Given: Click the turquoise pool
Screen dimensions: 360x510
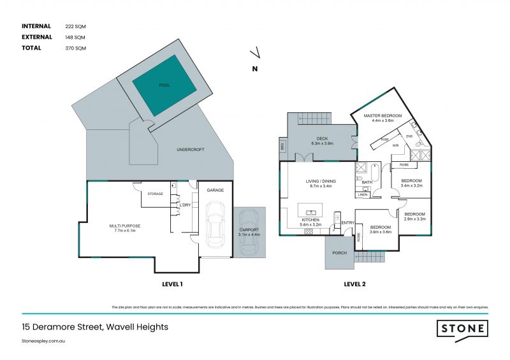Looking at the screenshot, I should point(164,85).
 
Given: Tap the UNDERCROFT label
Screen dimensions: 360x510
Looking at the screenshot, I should point(191,149).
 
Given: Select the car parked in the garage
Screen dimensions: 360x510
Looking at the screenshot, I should point(215,227).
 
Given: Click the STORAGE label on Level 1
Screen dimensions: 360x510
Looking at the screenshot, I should point(155,194).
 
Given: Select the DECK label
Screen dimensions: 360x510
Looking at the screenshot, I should point(322,138).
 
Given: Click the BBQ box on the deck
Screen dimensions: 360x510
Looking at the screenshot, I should point(282,147).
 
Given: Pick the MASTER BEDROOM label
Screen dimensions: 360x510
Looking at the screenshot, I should point(379,115).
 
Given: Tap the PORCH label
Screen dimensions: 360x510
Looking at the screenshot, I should point(339,253).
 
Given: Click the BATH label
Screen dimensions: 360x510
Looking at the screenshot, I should point(367,182).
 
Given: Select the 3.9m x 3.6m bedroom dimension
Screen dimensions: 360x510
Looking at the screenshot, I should point(380,232).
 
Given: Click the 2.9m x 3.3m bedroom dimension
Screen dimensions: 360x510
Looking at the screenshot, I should point(414,219).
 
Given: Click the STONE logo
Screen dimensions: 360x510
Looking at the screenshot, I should point(462,329).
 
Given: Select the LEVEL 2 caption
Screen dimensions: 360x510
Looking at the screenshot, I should point(354,284).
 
